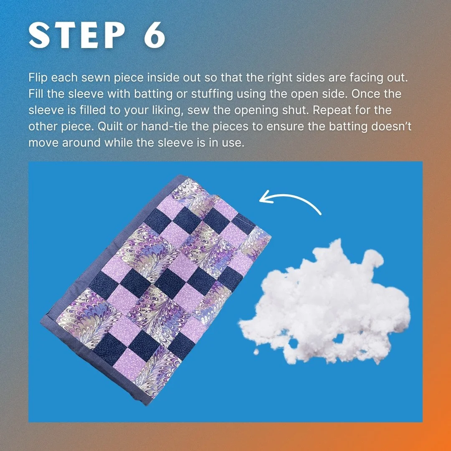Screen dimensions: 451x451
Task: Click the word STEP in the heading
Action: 77,35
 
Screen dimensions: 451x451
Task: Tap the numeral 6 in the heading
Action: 155,35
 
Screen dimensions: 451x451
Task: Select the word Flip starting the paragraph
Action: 38,78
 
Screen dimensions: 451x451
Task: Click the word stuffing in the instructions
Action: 212,94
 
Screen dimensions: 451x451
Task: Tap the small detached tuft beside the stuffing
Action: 256,352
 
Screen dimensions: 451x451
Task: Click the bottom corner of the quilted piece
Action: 147,404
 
